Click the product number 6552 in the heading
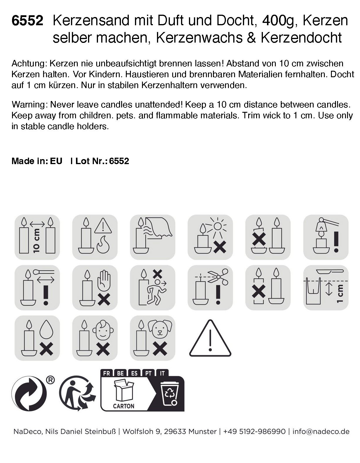(27, 21)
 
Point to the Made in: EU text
(37, 161)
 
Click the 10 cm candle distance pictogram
(37, 237)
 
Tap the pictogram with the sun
(210, 237)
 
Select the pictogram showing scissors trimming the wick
(210, 287)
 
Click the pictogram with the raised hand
(95, 287)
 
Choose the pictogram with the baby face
(95, 338)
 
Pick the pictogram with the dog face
(153, 338)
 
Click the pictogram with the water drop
(37, 338)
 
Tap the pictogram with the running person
(153, 287)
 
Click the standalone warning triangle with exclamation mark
(210, 339)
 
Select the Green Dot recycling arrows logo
(29, 393)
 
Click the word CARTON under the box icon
(124, 406)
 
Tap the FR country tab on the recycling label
(107, 373)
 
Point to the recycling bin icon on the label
(170, 393)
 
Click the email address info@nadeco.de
(321, 432)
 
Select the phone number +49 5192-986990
(254, 432)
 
